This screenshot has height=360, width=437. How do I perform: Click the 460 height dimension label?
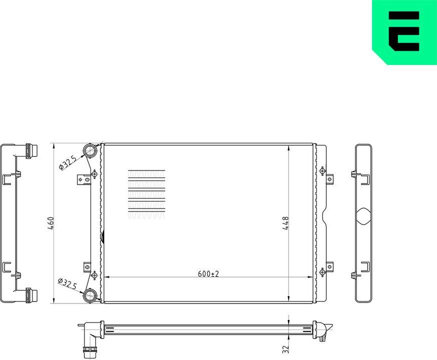tap(50, 223)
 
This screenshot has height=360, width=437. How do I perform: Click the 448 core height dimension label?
tap(285, 223)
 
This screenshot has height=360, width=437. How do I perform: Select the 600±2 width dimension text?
tap(208, 273)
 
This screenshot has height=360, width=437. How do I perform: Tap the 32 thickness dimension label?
tap(285, 348)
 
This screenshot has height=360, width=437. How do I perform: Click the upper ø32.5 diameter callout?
tap(67, 162)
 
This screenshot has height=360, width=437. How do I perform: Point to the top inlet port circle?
tap(90, 150)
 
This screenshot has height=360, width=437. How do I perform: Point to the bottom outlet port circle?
tap(90, 295)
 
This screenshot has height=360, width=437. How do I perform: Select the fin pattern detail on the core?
tap(146, 194)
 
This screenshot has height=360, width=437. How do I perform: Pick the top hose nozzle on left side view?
tap(31, 150)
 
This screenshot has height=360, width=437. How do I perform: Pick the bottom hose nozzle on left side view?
tap(31, 294)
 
